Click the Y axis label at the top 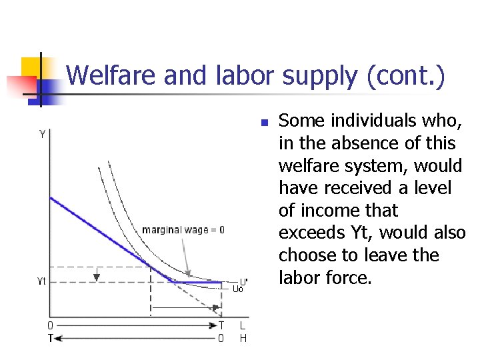point(42,134)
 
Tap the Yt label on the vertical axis point(41,281)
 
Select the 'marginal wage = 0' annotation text point(183,230)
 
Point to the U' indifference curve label point(244,281)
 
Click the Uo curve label point(238,289)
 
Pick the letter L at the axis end point(243,326)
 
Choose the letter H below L point(243,338)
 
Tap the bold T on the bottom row point(50,338)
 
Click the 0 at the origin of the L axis point(50,326)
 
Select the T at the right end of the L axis point(222,326)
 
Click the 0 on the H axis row point(222,338)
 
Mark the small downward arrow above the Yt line point(97,275)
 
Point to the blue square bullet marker point(264,123)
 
